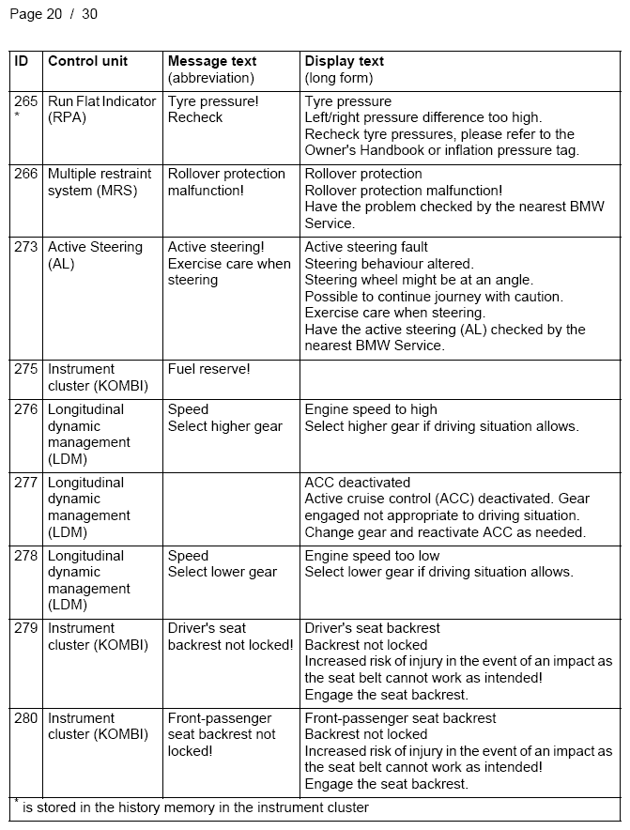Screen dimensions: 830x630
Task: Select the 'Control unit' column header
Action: tap(87, 61)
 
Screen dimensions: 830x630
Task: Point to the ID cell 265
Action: tap(25, 101)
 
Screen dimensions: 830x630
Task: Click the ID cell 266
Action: tap(25, 174)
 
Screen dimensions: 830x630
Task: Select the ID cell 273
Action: tap(25, 247)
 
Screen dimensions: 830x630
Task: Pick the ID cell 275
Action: tap(25, 369)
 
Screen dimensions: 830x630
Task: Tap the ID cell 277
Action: tap(25, 483)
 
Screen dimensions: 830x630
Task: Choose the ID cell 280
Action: tap(25, 718)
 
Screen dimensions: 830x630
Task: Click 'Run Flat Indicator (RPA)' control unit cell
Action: tap(101, 109)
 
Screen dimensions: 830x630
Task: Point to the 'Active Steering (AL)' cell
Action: tap(95, 255)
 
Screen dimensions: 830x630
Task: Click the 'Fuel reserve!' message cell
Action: tap(209, 369)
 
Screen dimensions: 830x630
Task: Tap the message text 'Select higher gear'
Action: tap(225, 426)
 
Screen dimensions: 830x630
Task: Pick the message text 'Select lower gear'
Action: tap(223, 572)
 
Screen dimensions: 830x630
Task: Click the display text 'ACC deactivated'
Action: tap(358, 483)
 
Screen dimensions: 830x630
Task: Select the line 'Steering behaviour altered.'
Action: tap(389, 264)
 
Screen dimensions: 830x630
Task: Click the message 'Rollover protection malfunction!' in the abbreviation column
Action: tap(226, 182)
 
